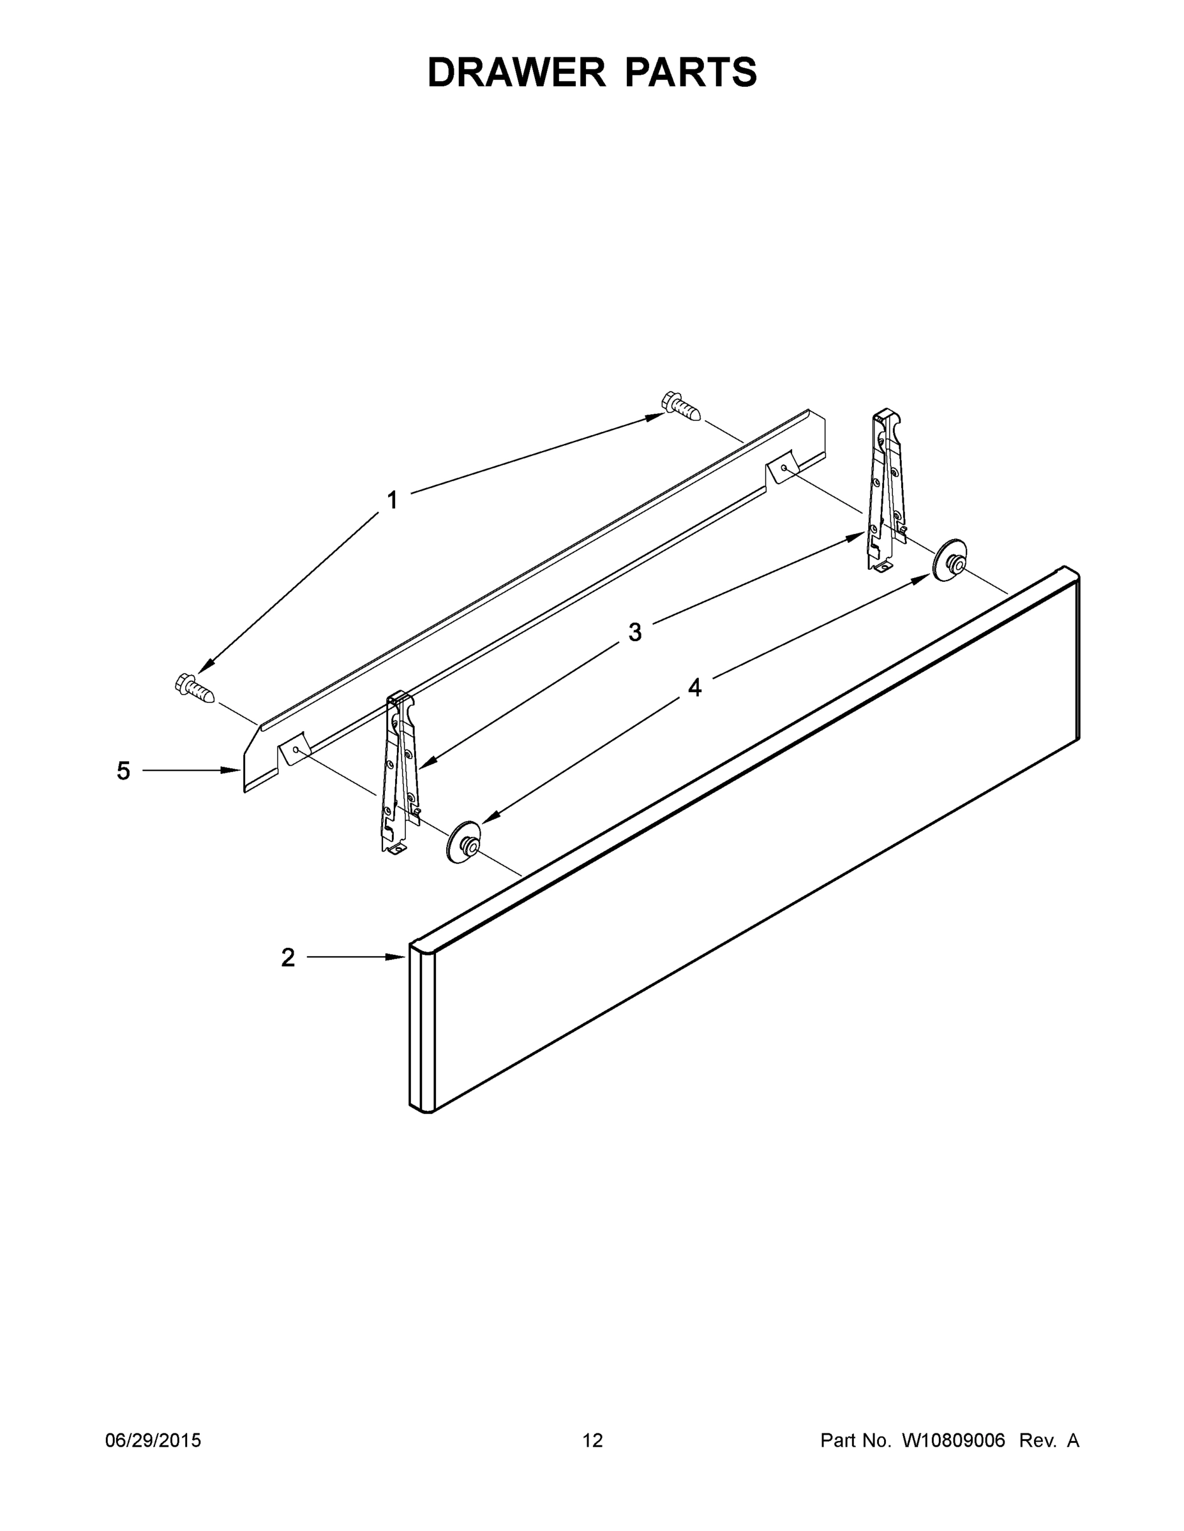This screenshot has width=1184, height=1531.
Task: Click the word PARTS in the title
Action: point(690,73)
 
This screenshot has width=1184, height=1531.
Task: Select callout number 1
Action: point(392,501)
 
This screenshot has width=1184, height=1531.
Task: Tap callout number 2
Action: point(288,958)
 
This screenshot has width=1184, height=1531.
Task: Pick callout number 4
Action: point(694,688)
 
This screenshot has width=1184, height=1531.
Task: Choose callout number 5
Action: point(123,771)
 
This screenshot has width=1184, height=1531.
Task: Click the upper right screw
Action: point(680,406)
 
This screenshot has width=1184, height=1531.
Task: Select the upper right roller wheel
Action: point(948,560)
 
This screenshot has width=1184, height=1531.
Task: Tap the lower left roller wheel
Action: point(463,841)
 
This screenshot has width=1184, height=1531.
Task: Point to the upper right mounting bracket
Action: point(885,491)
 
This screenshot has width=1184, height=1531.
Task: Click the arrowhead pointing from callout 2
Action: point(398,957)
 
